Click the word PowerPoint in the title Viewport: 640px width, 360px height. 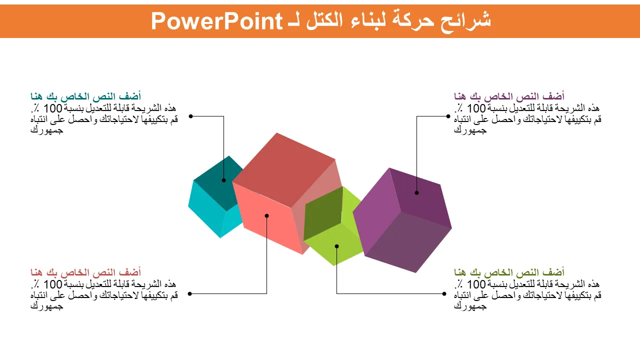(217, 21)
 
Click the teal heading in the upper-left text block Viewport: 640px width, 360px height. (85, 96)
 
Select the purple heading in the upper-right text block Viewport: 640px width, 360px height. (509, 96)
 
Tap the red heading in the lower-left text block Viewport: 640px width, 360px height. (85, 272)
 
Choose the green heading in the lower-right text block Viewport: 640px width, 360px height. (509, 272)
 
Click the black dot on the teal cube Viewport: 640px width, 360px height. (223, 180)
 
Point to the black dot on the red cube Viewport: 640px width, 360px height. (266, 215)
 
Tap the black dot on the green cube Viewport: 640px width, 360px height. (337, 246)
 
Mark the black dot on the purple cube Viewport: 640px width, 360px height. (416, 193)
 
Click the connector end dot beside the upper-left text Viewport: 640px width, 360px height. (191, 116)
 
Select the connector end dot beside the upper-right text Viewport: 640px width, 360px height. (448, 116)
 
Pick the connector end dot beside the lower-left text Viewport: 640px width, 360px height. (189, 293)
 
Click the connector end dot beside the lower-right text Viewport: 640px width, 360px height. (444, 293)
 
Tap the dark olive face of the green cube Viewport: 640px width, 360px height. (323, 213)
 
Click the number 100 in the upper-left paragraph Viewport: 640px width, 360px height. (53, 108)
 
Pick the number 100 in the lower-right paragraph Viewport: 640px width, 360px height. (476, 284)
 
